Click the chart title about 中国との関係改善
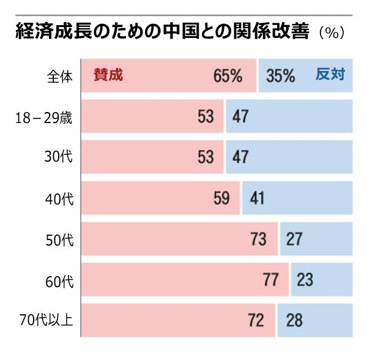162,32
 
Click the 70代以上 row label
46,320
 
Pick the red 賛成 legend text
108,75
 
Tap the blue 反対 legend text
331,75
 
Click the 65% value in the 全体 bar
228,76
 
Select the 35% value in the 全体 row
281,76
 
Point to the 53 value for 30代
206,157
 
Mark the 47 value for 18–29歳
240,116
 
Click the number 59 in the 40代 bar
221,198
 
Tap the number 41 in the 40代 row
257,198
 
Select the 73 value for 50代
259,239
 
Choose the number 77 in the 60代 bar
270,280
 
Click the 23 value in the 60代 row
305,280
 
